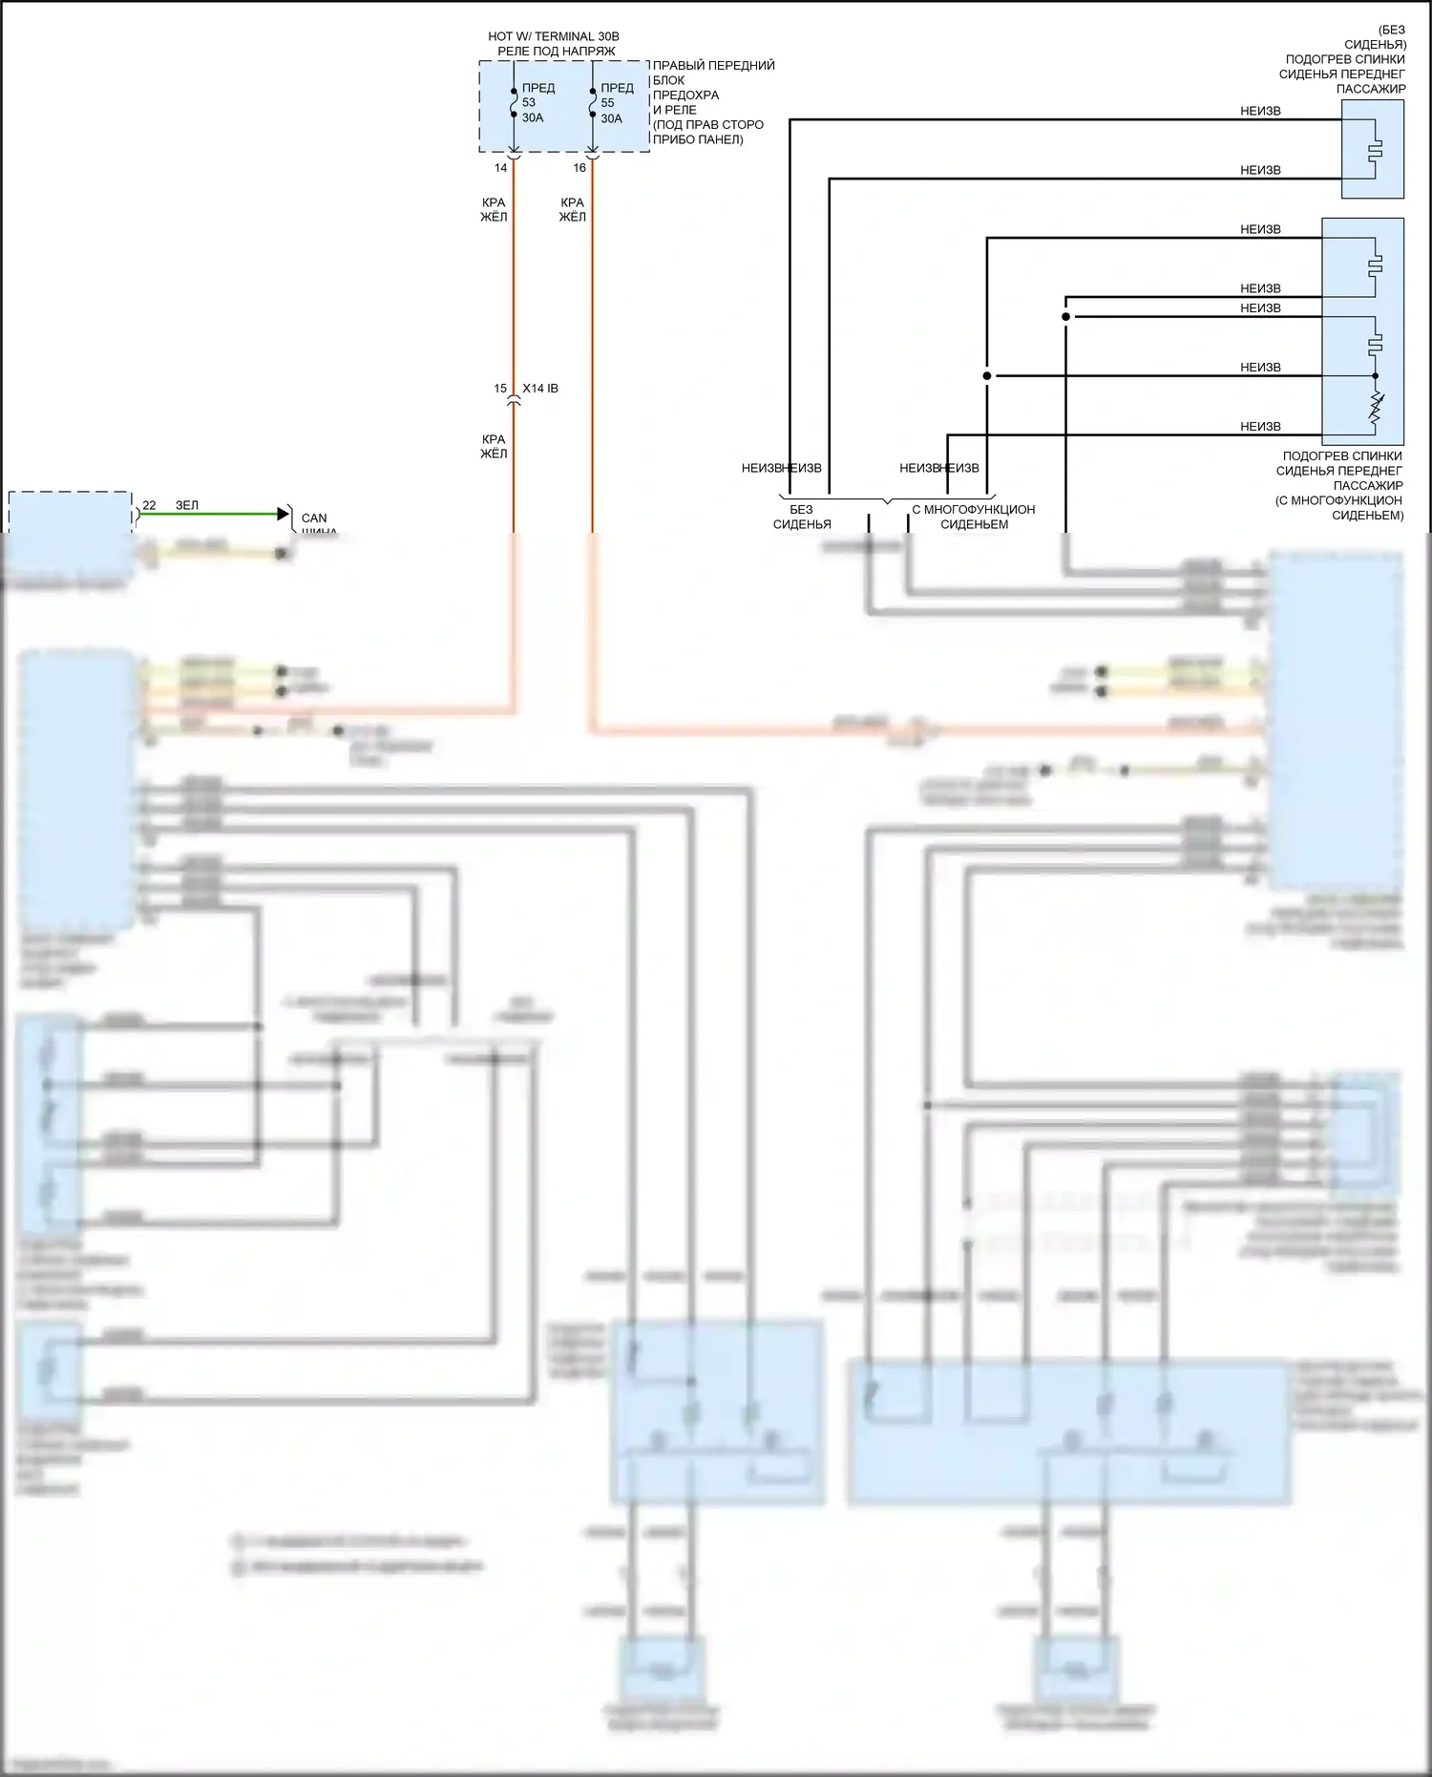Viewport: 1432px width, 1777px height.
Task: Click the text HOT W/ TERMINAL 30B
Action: coord(554,36)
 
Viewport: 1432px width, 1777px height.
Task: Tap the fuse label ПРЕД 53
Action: coord(537,95)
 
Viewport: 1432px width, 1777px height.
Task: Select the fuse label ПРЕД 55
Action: coord(616,95)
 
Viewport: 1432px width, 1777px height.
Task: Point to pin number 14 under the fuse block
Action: coord(500,168)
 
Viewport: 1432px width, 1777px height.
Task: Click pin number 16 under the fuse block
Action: coord(579,168)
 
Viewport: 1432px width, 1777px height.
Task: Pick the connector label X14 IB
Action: coord(540,389)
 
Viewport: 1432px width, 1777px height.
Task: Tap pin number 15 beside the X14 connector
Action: coord(500,389)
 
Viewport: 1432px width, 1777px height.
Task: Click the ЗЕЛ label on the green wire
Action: coord(187,505)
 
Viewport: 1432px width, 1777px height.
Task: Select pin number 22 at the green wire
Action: coord(149,505)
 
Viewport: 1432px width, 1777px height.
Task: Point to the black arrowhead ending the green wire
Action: coord(283,514)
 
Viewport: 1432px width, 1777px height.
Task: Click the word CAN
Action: coord(314,518)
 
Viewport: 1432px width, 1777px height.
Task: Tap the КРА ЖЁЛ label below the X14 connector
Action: coord(494,447)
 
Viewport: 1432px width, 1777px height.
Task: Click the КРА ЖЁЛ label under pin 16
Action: coord(573,209)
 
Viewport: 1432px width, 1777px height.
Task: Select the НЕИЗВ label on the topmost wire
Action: coord(1260,111)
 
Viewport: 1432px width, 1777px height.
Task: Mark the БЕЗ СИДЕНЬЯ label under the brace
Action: coord(802,517)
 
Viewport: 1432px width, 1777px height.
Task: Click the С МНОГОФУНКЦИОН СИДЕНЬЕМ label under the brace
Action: coord(974,517)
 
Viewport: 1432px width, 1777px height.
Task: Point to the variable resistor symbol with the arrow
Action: coord(1376,408)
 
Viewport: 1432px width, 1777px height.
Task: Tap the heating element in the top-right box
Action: coord(1375,149)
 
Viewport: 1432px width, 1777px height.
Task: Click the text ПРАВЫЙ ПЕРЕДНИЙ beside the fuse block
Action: coord(713,66)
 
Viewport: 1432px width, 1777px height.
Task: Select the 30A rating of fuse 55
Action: coord(611,118)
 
